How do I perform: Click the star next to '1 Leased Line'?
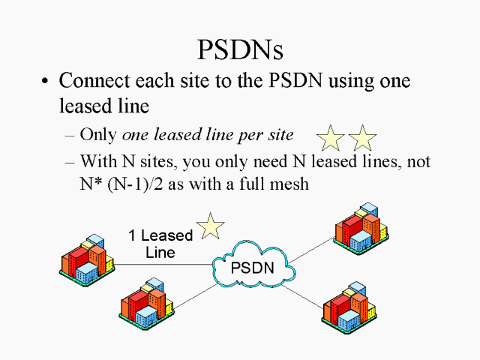(x=211, y=226)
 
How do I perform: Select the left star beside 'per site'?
(x=331, y=137)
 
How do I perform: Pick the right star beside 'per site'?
(x=362, y=137)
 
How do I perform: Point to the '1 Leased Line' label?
(x=160, y=244)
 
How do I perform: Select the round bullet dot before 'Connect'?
(x=46, y=82)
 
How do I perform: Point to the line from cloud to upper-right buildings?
(x=310, y=250)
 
